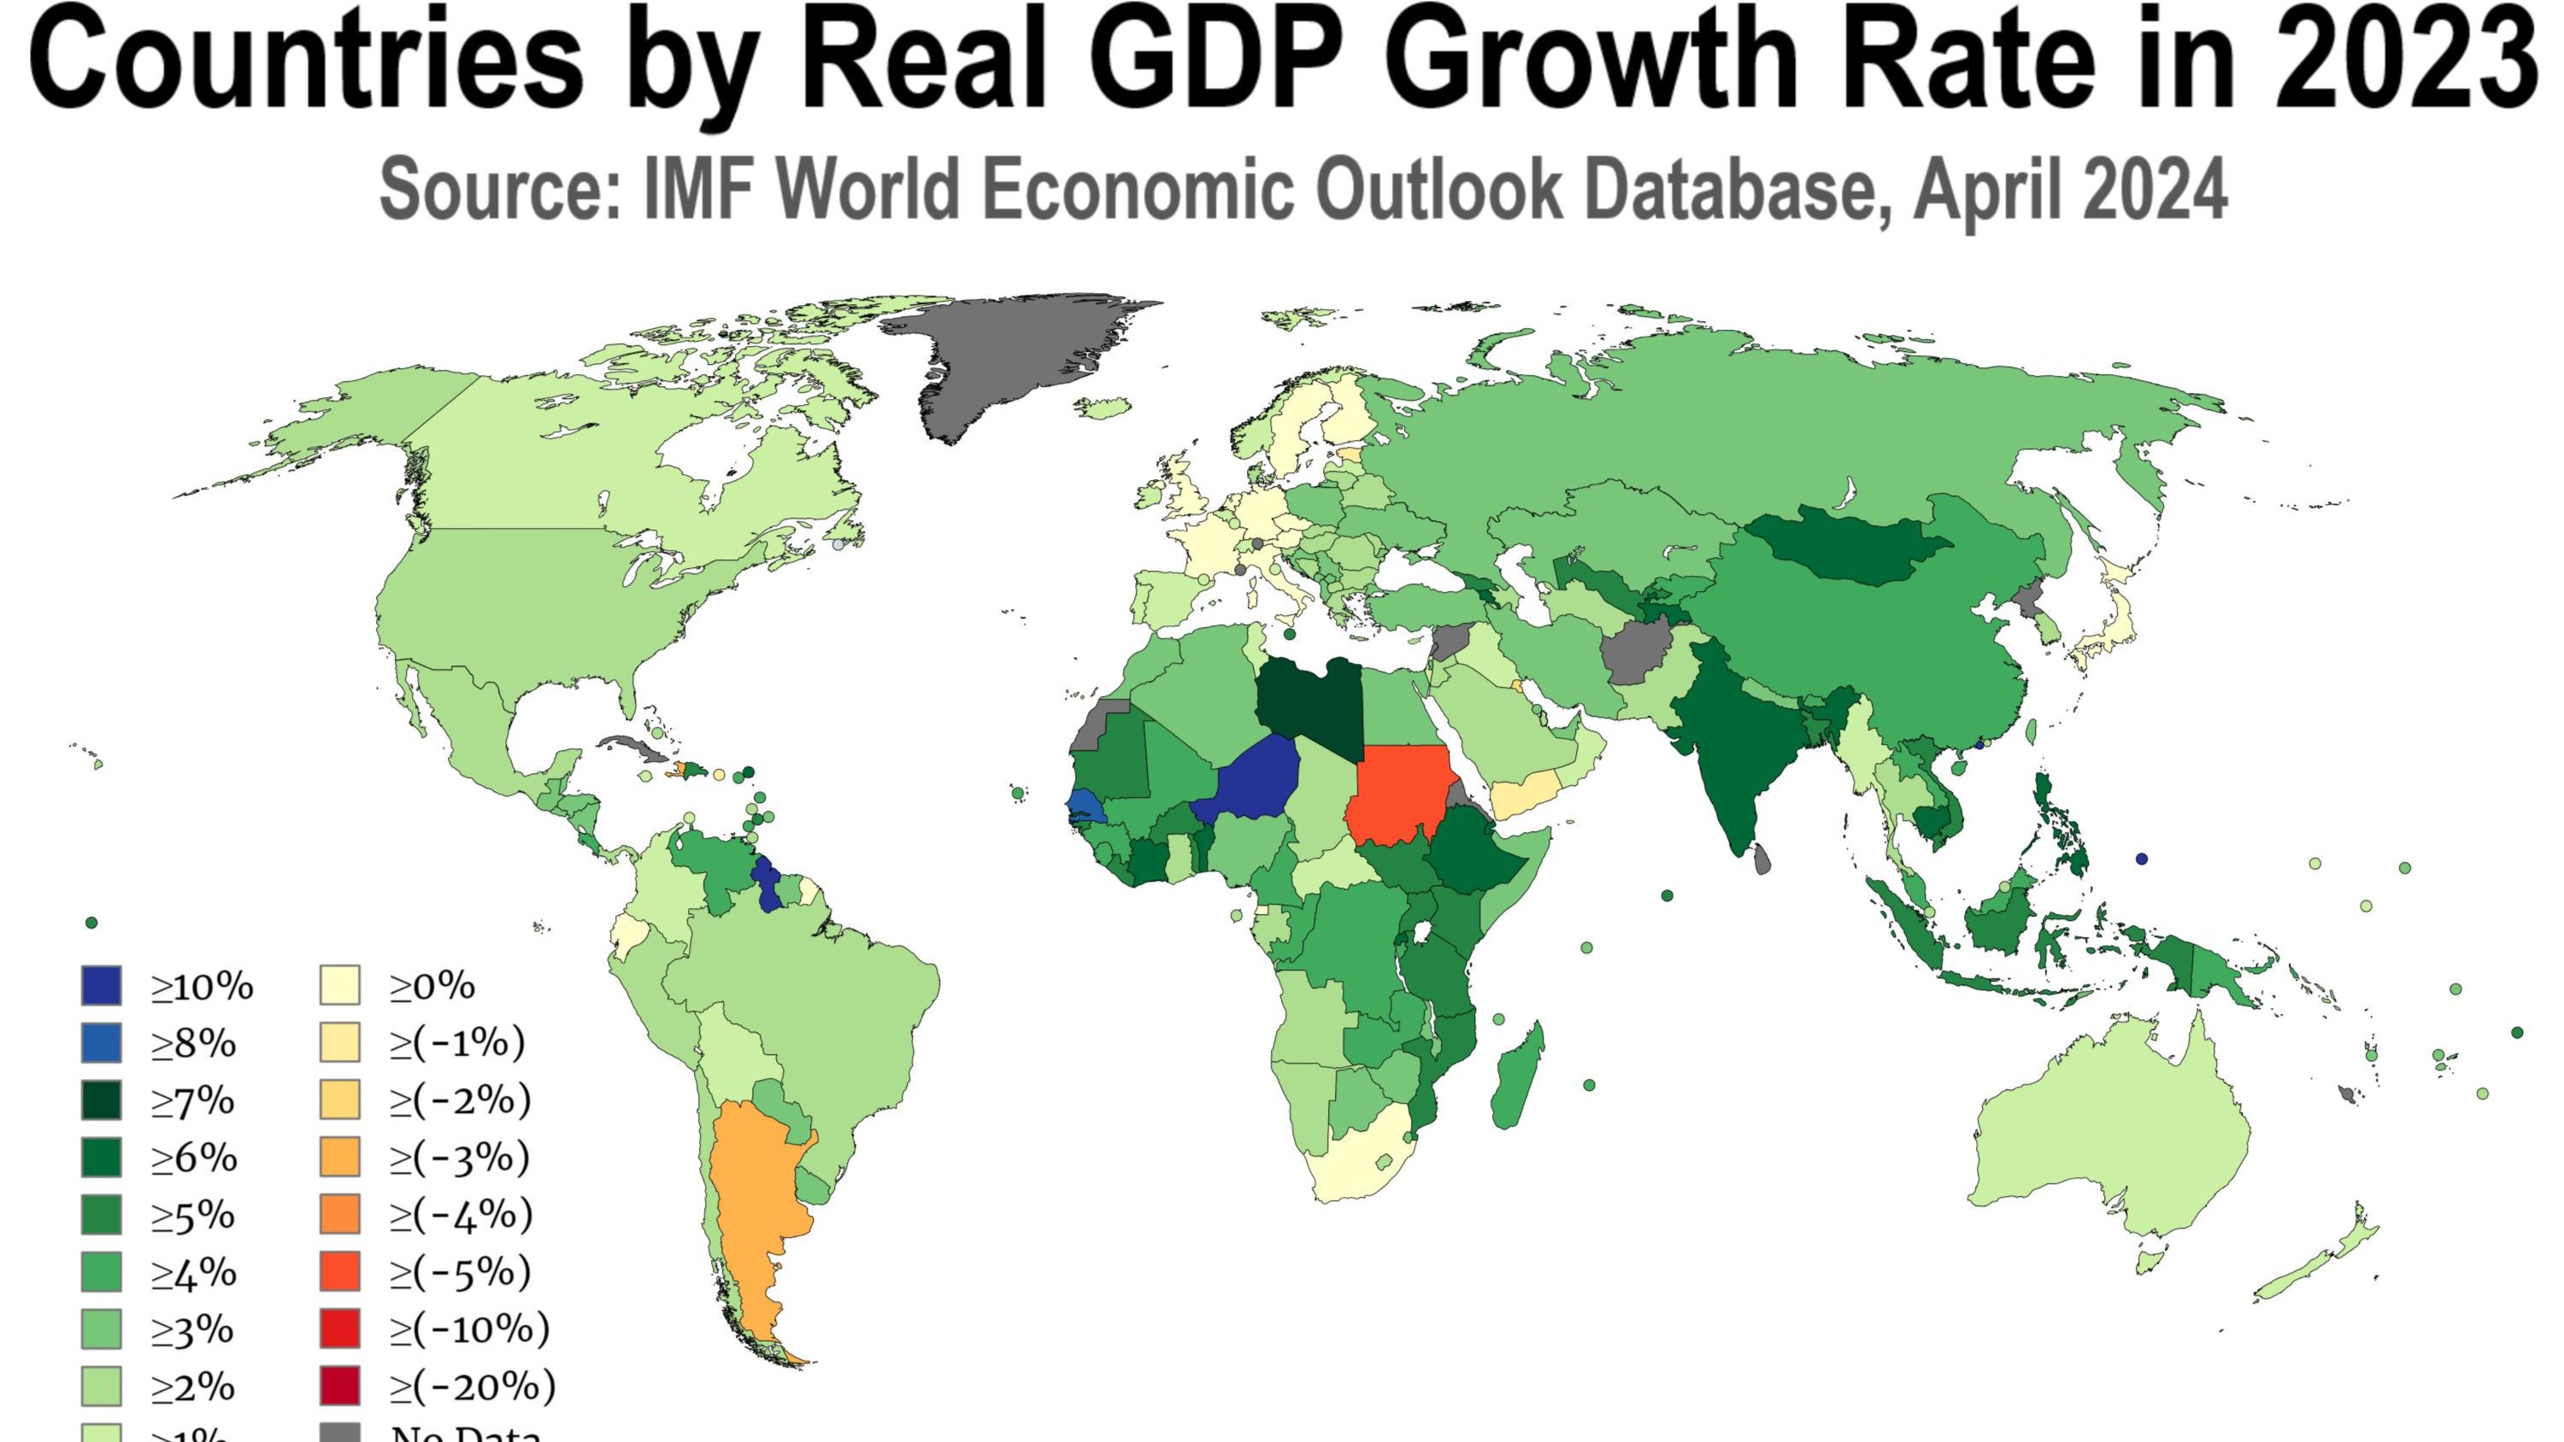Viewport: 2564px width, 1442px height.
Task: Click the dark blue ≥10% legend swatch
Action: click(102, 985)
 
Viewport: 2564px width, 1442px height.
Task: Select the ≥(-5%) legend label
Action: click(460, 1272)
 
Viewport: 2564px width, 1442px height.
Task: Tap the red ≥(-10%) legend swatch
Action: click(339, 1328)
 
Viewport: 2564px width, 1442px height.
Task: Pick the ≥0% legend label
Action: click(432, 986)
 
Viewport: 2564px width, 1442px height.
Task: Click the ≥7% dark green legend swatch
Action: click(102, 1100)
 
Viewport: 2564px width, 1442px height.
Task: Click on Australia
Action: click(2110, 1145)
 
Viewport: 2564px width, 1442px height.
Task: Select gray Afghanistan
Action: click(1638, 652)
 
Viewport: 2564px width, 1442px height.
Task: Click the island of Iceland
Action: click(1102, 407)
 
